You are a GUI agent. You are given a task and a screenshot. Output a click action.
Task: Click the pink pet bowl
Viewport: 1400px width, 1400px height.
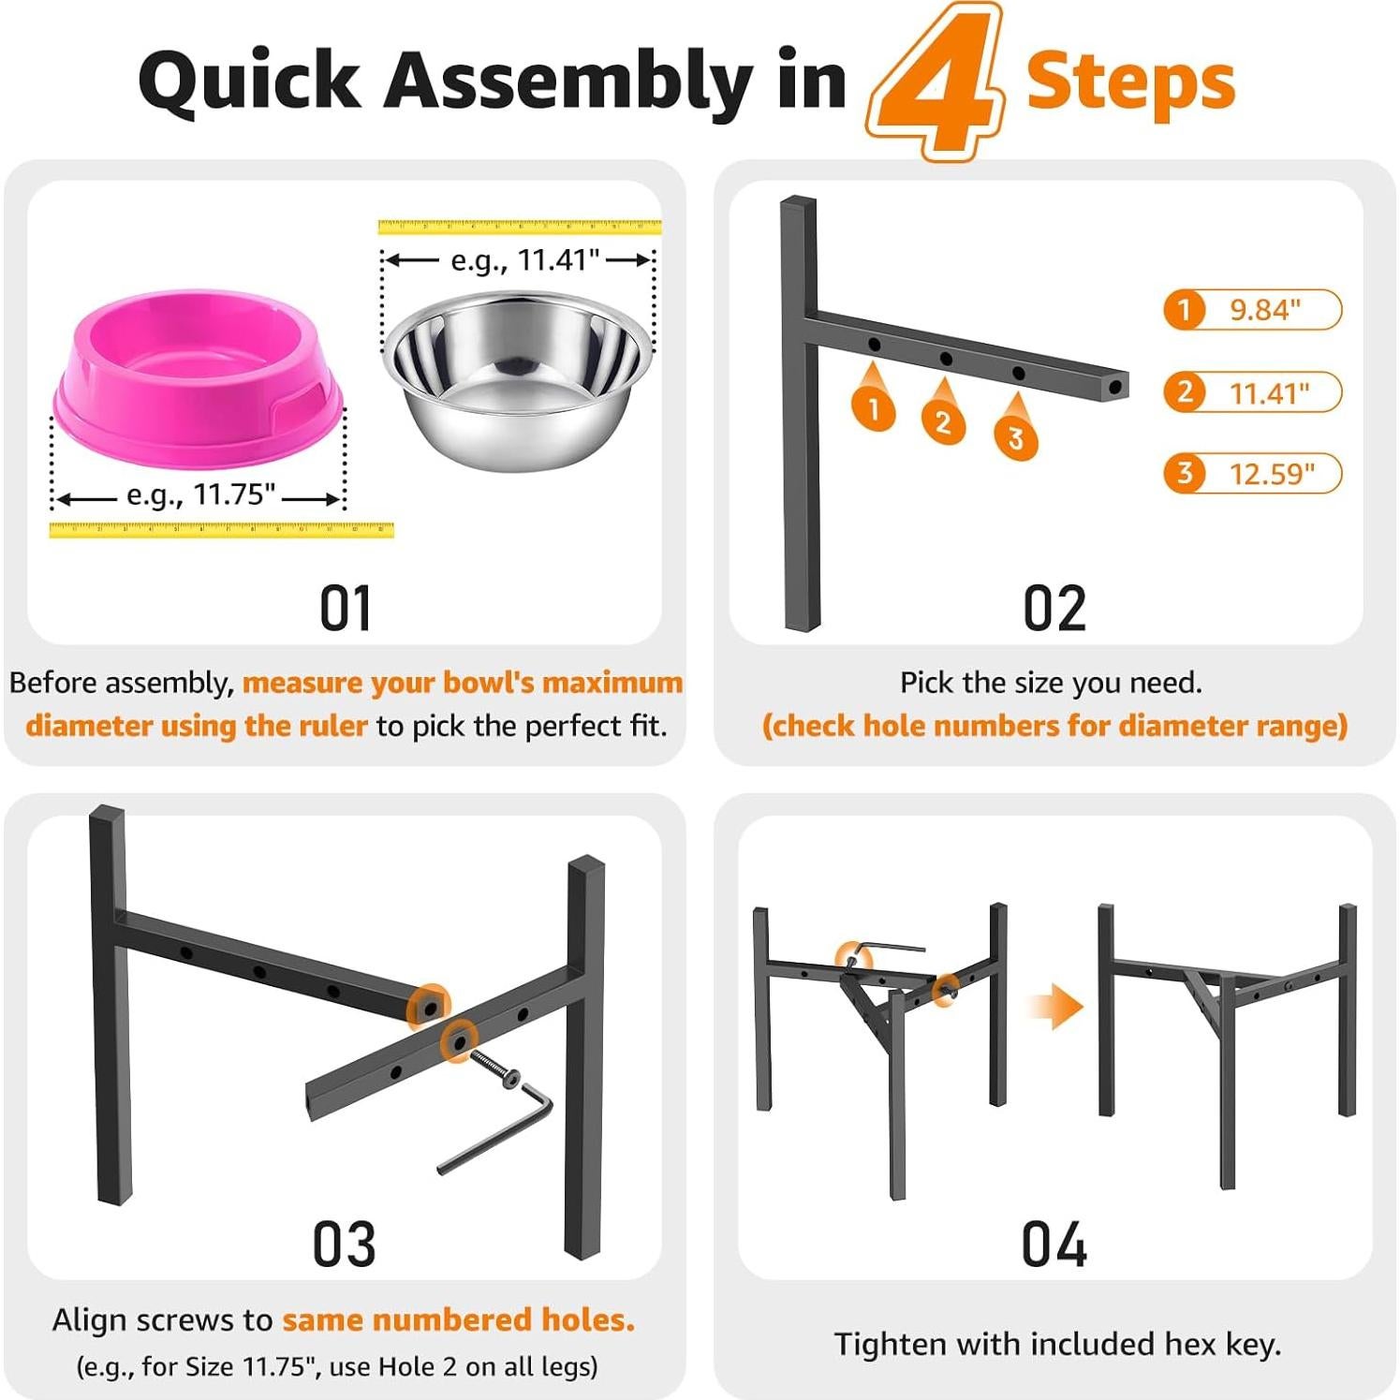[x=199, y=378]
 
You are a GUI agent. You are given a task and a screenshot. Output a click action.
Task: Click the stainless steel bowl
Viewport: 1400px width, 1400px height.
[x=516, y=379]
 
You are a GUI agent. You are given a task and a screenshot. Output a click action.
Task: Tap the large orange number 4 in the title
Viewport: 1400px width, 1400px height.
[x=936, y=82]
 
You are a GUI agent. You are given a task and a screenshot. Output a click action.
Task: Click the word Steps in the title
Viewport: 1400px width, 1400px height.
[x=1131, y=82]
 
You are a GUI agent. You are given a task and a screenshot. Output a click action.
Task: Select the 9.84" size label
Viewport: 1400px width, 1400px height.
[x=1253, y=310]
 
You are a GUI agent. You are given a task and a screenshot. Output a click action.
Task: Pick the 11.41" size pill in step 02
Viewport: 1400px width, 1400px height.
[x=1253, y=392]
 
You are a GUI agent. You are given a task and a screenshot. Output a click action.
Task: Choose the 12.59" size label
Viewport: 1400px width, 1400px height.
[x=1253, y=474]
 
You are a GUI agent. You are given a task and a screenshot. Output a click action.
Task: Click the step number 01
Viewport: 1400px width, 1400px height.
[x=346, y=609]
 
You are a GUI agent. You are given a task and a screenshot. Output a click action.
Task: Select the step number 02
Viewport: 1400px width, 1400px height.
[x=1054, y=609]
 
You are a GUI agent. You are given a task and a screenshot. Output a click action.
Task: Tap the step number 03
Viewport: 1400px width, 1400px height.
[x=345, y=1245]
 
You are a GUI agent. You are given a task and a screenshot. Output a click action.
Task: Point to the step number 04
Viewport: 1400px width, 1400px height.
[x=1054, y=1245]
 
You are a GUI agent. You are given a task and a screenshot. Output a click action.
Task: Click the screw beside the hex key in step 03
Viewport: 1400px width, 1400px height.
[x=495, y=1068]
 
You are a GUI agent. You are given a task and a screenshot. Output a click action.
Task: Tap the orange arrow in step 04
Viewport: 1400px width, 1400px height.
[x=1056, y=1007]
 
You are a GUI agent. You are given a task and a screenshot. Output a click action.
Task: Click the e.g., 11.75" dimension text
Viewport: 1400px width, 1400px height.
[x=200, y=494]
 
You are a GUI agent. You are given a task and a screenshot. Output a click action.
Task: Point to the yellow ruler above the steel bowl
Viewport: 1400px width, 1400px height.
[x=520, y=227]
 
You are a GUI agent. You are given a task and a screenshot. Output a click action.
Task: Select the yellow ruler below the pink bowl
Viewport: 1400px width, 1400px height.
[x=221, y=530]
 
